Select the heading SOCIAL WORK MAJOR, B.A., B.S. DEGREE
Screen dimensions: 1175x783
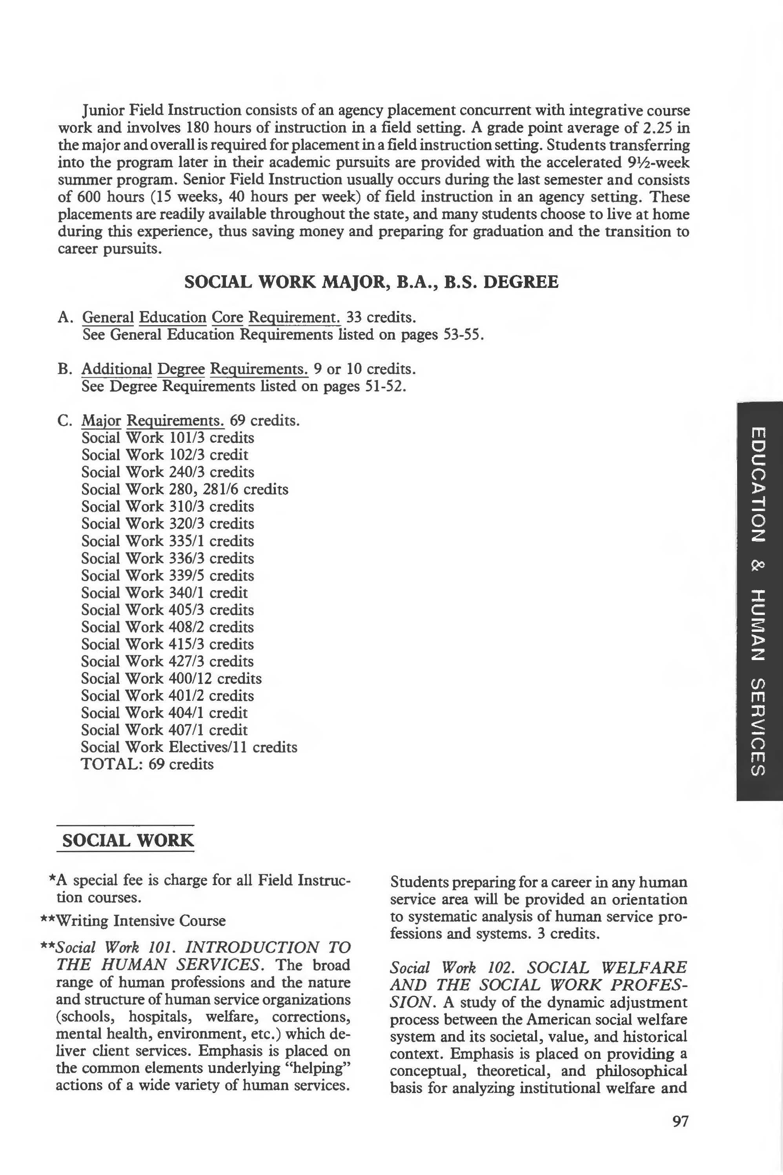371,282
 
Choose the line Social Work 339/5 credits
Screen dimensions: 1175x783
167,575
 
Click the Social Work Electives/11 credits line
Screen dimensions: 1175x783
189,747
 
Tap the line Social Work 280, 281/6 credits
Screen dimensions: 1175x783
185,489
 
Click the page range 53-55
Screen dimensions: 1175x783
463,335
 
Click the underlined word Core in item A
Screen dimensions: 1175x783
227,317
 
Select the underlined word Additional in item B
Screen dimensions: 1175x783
117,369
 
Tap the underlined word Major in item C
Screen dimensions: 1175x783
101,421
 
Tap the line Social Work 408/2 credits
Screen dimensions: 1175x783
167,627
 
